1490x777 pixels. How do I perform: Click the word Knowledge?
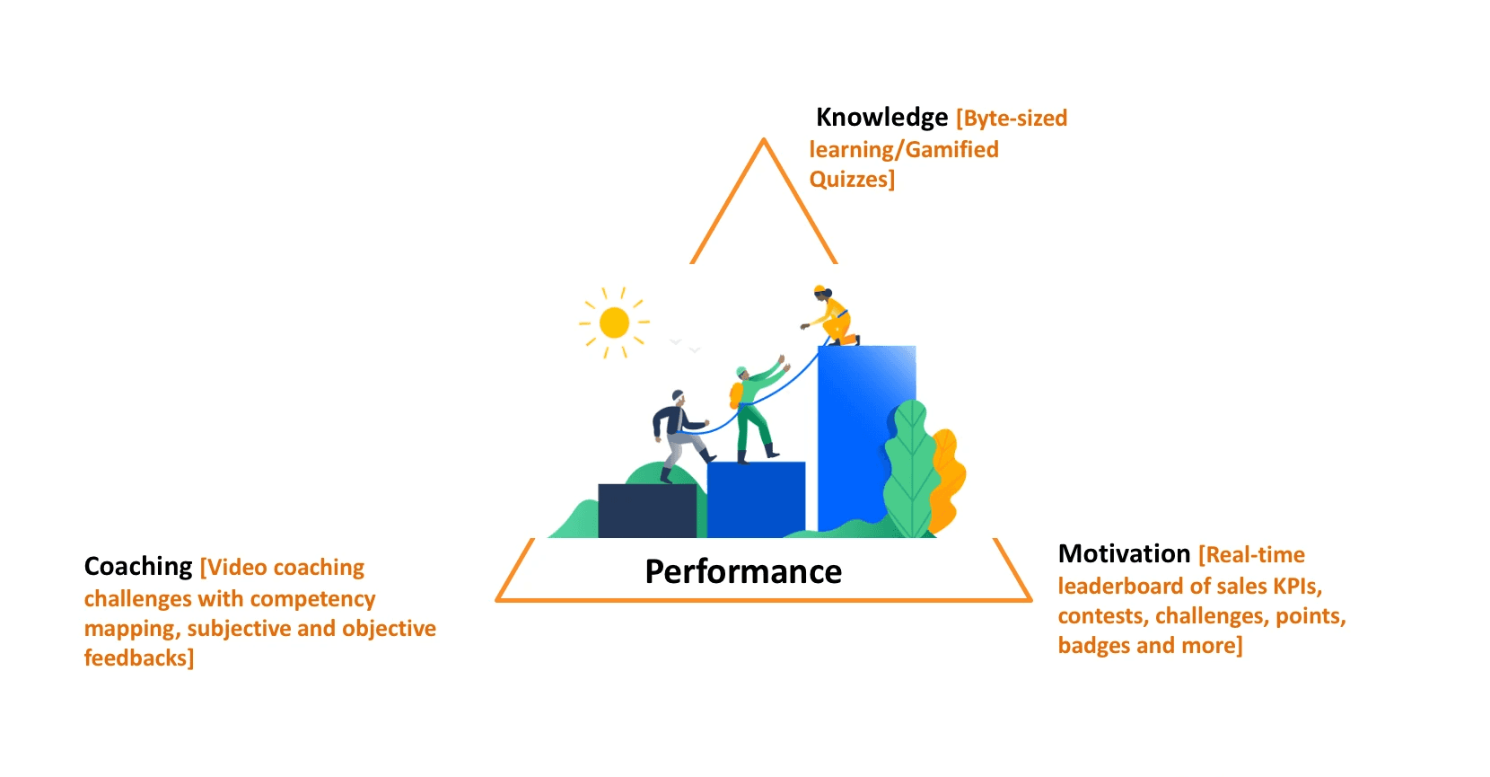(881, 118)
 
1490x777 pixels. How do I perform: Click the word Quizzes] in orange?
(852, 180)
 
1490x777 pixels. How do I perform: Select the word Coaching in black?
(138, 567)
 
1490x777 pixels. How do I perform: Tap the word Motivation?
(1124, 554)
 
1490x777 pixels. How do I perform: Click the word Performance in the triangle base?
(743, 572)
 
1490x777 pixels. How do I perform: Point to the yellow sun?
(614, 322)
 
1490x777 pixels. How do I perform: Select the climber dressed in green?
(752, 409)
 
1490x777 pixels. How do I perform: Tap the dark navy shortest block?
(646, 511)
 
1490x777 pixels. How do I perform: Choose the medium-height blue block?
(756, 499)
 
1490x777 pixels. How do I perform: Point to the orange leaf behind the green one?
(948, 476)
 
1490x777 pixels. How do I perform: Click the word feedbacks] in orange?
(139, 658)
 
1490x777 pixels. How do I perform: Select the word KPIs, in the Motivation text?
(1297, 587)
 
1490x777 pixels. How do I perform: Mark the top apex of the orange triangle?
(764, 141)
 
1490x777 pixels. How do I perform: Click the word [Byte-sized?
(1012, 119)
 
